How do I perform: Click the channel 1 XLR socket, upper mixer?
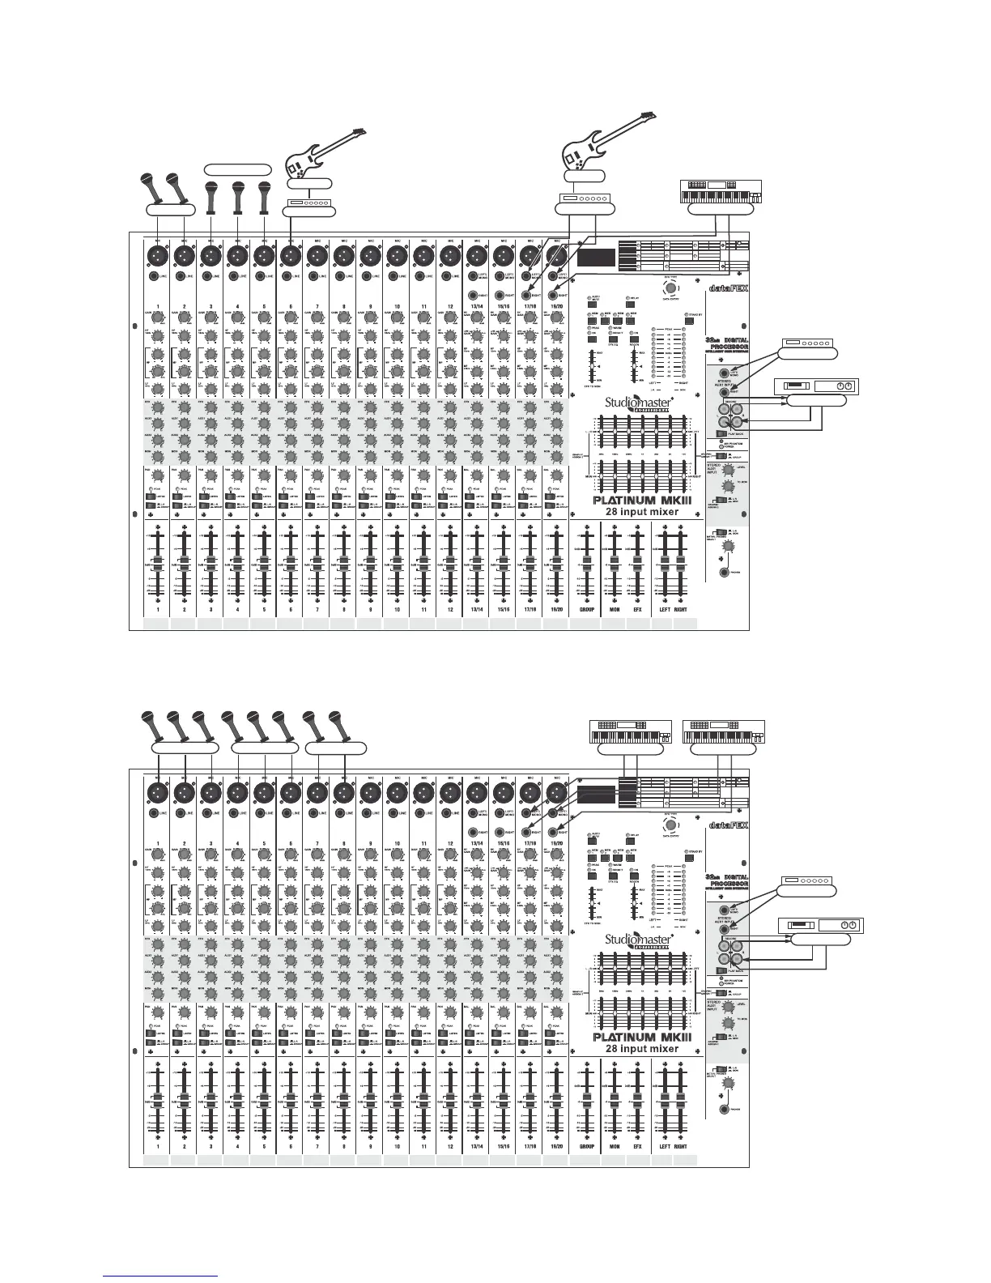point(158,255)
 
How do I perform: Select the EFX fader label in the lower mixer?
point(638,1147)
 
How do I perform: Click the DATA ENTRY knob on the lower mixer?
point(670,825)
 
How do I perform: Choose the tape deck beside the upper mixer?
point(813,386)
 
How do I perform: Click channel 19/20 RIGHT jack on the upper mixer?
point(555,296)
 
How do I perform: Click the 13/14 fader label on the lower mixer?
point(476,1147)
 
